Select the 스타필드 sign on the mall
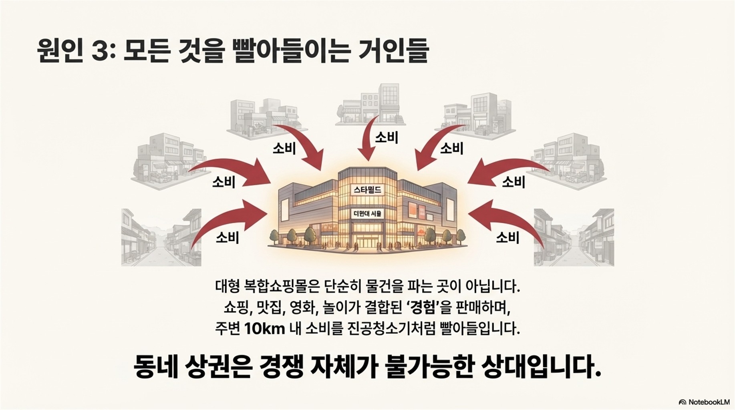click(367, 190)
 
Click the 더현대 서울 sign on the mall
click(367, 214)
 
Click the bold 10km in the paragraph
click(264, 329)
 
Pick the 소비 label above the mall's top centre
click(386, 138)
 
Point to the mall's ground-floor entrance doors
click(367, 242)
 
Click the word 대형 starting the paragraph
click(228, 287)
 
